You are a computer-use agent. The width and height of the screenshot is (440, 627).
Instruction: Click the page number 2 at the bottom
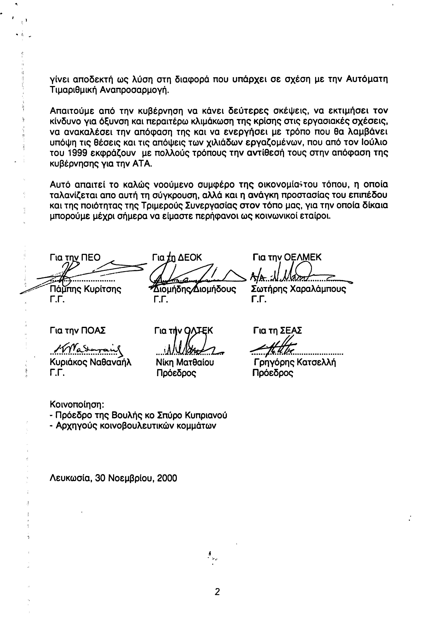click(x=217, y=592)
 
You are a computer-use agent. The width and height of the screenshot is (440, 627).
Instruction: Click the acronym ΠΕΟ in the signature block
click(x=91, y=258)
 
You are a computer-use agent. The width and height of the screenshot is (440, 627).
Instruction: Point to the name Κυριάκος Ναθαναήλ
click(x=91, y=362)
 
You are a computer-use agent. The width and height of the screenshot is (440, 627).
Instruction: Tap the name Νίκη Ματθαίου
click(x=185, y=362)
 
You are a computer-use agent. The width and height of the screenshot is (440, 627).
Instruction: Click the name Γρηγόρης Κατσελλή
click(x=295, y=362)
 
